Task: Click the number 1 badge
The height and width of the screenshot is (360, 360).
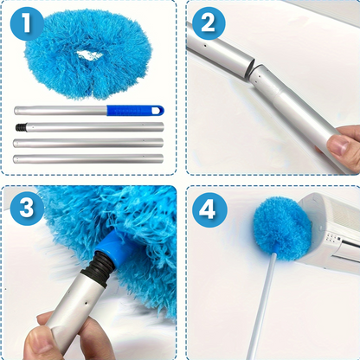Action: coord(27,23)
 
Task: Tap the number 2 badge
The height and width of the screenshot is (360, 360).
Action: coord(209,23)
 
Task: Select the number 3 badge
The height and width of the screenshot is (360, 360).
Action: coord(27,209)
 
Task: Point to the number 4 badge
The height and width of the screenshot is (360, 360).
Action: coord(209,209)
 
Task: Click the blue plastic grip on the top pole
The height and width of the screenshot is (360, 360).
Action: coord(135,111)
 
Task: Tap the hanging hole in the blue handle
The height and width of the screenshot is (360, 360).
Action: coord(157,111)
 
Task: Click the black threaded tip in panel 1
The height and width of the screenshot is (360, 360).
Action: coord(21,127)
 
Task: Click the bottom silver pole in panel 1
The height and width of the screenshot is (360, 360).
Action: coord(88,158)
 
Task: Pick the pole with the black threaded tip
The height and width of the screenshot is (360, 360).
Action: coord(89,127)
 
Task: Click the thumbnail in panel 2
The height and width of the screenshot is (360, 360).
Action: coord(338,145)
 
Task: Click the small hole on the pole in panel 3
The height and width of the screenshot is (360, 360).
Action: coord(87,304)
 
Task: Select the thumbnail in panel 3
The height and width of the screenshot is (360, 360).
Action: coord(38,342)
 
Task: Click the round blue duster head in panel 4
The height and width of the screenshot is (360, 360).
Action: coord(283,223)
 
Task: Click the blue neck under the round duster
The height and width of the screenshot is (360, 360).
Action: coord(275,249)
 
